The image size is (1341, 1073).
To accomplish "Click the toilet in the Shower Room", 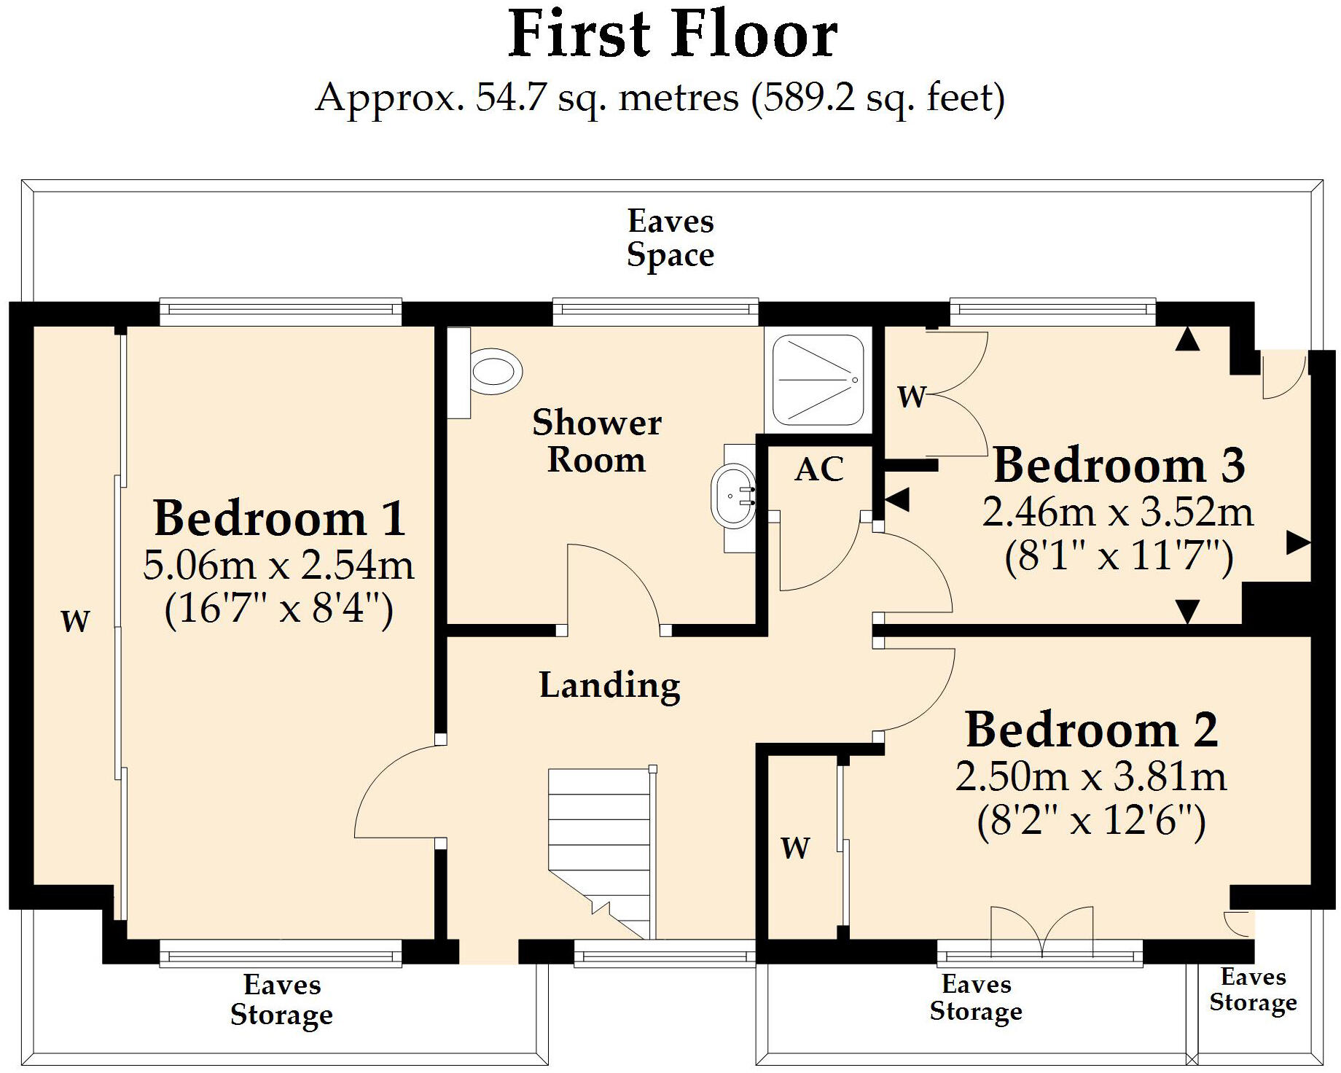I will click(496, 372).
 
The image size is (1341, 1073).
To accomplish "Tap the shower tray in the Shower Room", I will click(818, 379).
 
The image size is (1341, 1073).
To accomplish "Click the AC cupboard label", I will click(819, 469).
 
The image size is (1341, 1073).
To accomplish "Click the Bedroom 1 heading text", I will click(279, 518).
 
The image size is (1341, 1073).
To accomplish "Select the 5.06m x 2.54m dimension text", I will click(278, 565).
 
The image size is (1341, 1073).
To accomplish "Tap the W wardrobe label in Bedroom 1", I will click(75, 621).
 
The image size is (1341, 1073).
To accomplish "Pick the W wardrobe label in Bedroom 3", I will click(911, 397).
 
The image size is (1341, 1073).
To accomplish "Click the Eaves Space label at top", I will click(670, 238).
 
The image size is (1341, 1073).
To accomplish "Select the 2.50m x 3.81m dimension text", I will click(1091, 777).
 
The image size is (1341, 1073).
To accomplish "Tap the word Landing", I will click(609, 685).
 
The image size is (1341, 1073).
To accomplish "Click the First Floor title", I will click(672, 34).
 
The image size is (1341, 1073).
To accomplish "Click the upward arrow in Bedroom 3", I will click(1187, 339).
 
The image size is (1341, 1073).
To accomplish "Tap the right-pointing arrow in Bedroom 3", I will click(1297, 542).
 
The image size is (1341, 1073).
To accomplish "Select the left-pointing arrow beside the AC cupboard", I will click(897, 500).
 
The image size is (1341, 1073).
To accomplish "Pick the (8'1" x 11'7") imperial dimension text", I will click(1119, 558).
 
